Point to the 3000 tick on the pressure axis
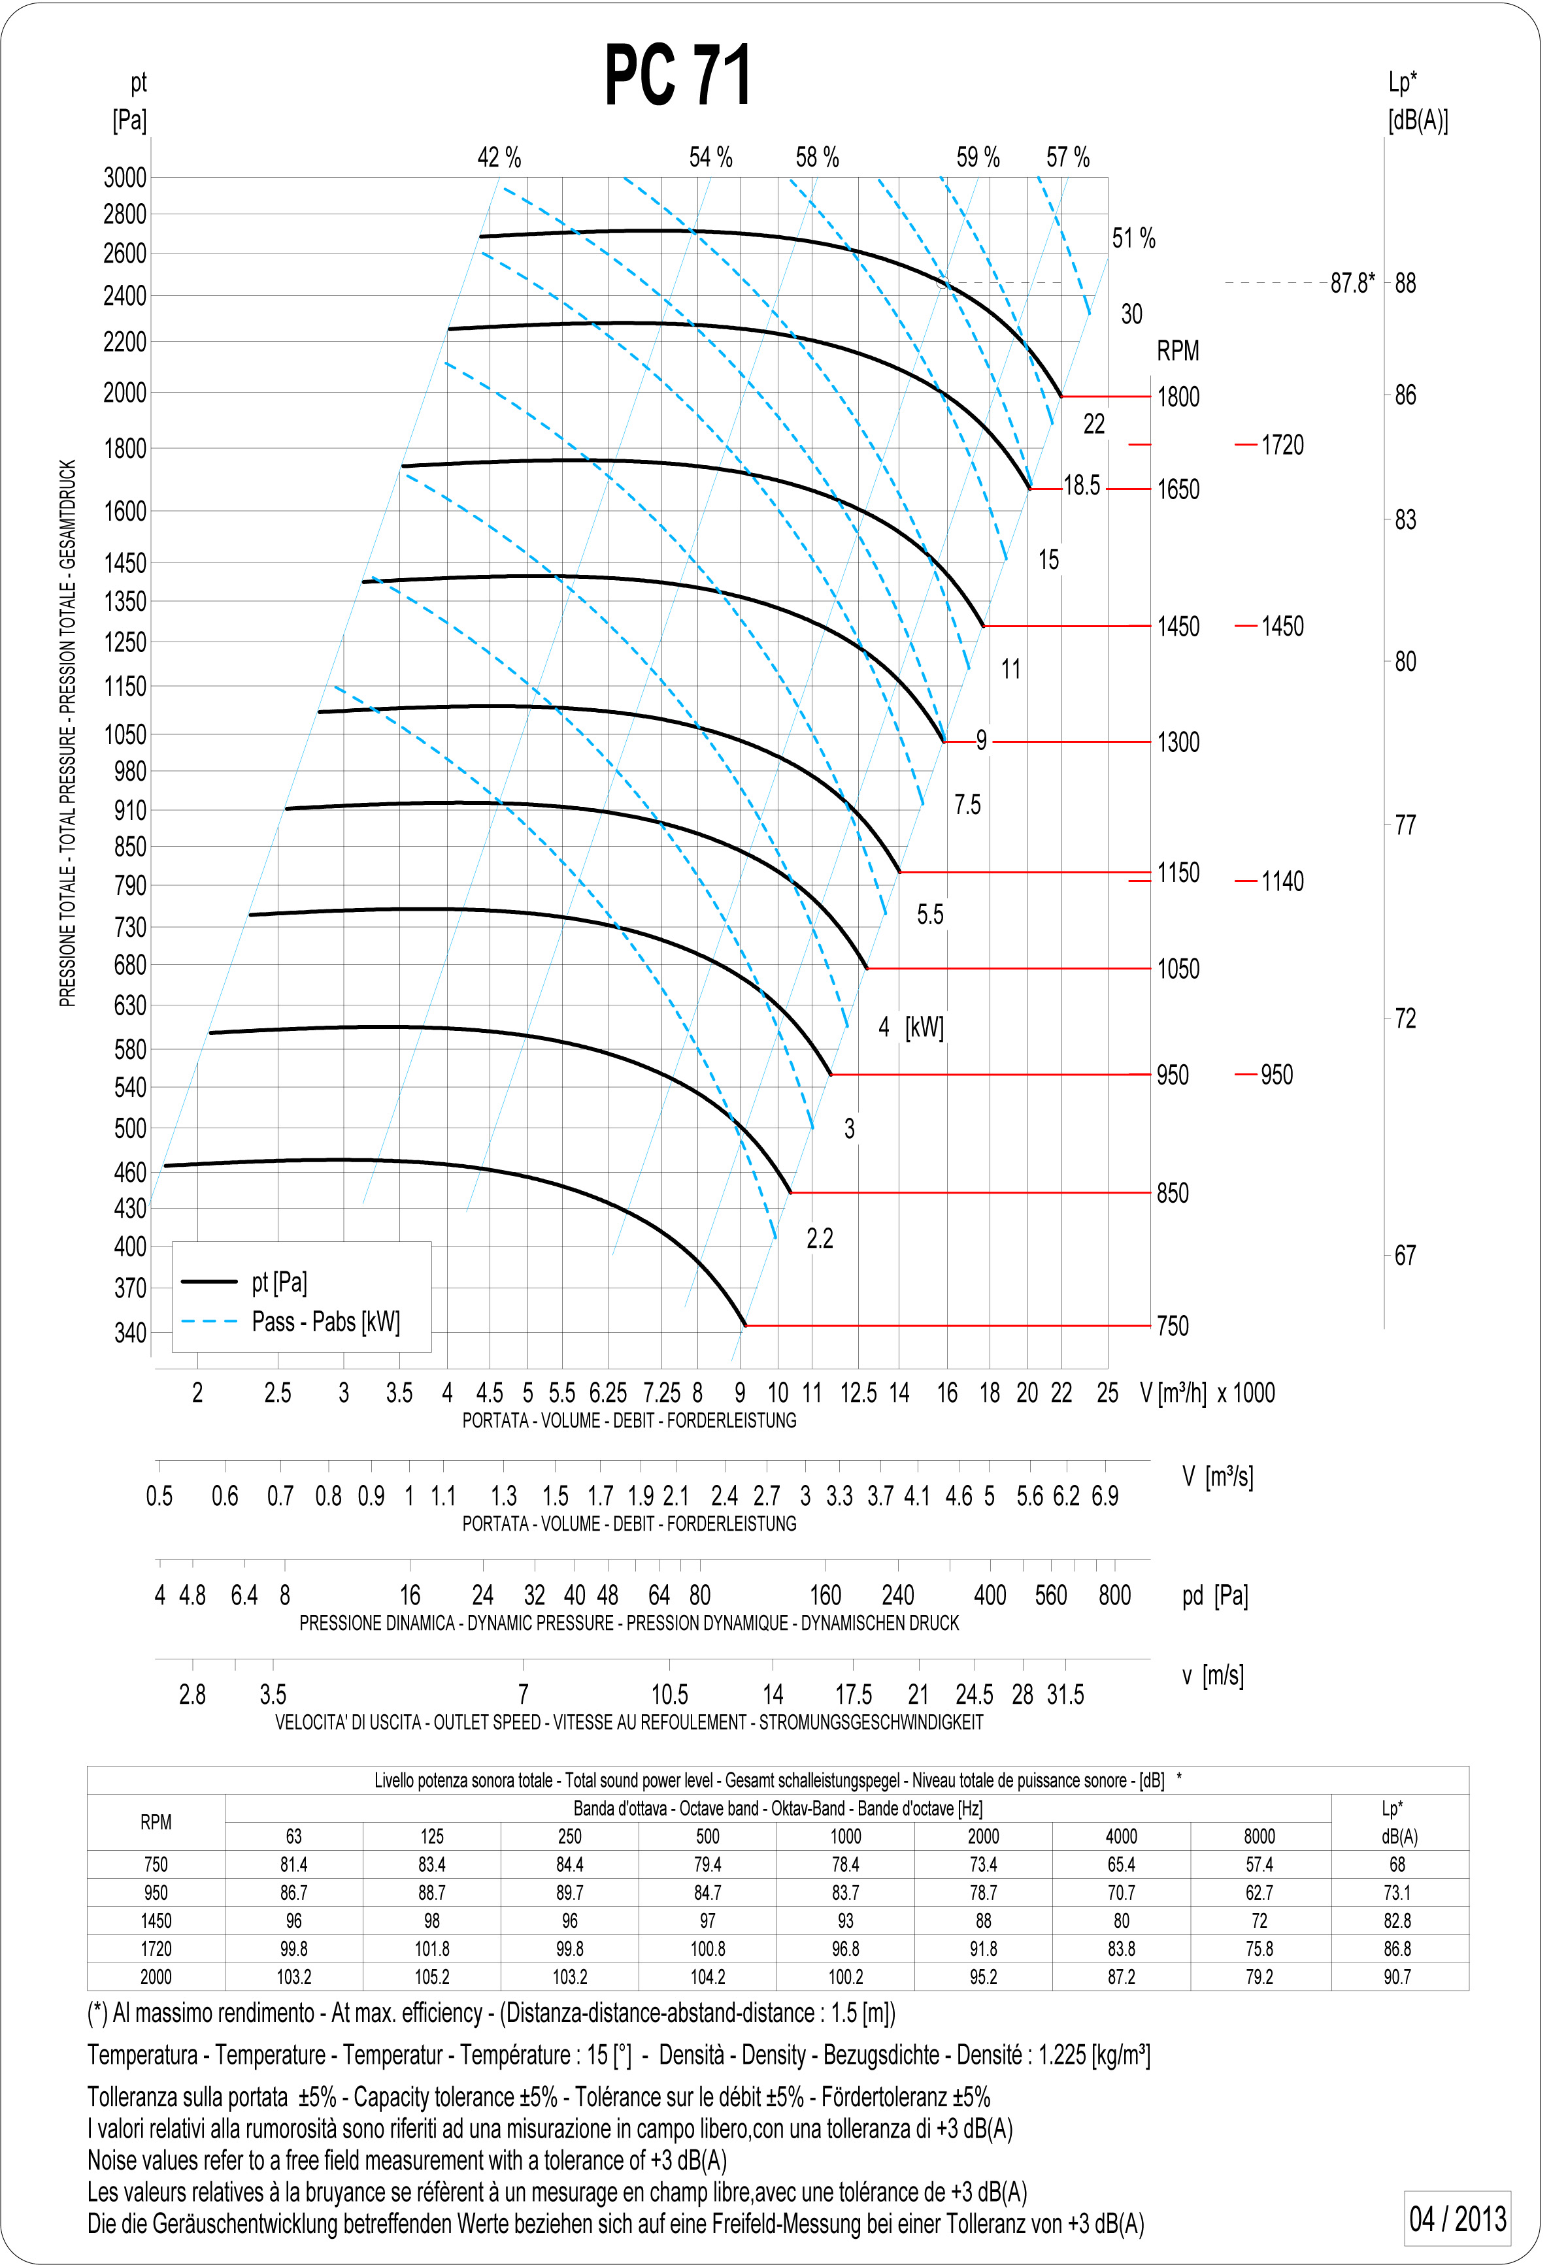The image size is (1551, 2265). click(125, 178)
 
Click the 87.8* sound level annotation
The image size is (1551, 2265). click(1352, 283)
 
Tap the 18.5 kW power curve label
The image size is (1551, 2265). click(1081, 485)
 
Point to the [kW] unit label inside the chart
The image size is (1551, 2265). click(924, 1026)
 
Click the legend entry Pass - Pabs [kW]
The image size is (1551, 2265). click(325, 1322)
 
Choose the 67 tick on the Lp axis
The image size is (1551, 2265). click(1405, 1255)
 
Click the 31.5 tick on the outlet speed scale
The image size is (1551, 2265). click(1065, 1695)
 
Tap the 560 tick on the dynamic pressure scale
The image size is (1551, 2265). click(1051, 1595)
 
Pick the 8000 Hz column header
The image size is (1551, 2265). click(1259, 1836)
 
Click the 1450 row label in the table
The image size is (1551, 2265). click(156, 1920)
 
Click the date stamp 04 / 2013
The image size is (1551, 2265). click(1458, 2219)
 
